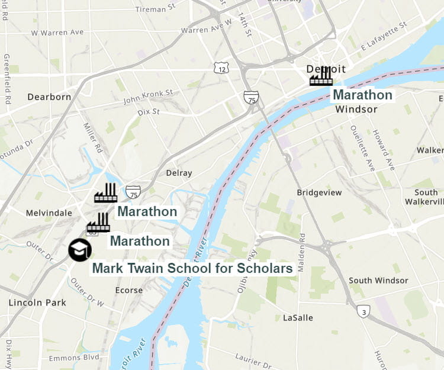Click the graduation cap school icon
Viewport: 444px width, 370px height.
tap(79, 250)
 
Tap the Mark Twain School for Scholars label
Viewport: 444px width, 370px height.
tap(192, 268)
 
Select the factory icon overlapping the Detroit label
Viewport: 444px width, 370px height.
tap(321, 76)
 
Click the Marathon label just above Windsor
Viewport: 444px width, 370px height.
tap(362, 95)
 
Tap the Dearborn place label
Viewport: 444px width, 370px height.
tap(49, 96)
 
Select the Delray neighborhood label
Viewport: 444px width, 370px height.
tap(179, 173)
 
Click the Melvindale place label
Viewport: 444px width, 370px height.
tap(49, 213)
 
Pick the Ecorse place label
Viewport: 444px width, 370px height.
tap(129, 290)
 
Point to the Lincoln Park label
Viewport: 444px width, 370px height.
tap(37, 303)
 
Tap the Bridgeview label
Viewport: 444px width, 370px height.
tap(319, 192)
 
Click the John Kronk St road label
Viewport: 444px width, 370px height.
tap(148, 96)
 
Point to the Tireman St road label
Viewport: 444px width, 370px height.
tap(156, 9)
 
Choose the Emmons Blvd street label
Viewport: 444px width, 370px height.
tap(74, 358)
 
